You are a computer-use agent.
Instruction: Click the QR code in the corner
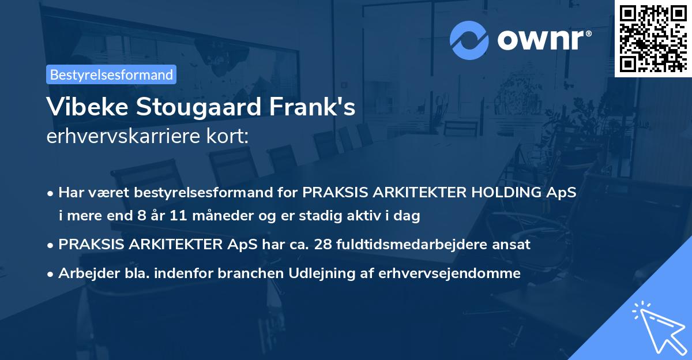[653, 37]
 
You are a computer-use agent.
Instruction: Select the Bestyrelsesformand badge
[111, 74]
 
